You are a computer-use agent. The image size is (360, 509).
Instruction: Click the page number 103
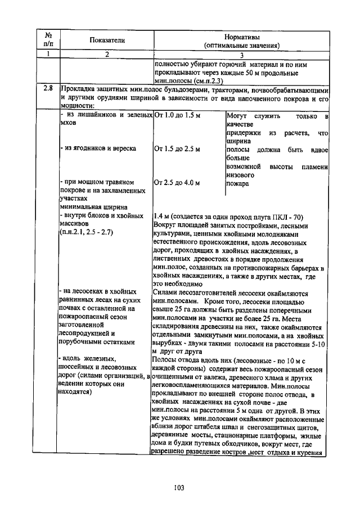(179, 487)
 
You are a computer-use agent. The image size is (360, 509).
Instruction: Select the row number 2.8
(48, 88)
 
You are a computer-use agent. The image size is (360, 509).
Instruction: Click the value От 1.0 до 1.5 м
(177, 115)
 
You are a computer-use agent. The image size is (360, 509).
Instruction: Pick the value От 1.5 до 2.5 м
(177, 149)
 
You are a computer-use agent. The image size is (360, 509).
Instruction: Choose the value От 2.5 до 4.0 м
(177, 183)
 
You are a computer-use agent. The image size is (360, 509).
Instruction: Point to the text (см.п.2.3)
(204, 81)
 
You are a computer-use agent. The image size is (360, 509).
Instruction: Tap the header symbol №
(48, 35)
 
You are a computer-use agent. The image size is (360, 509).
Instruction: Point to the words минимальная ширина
(86, 207)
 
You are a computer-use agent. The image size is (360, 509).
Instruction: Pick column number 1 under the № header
(48, 55)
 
